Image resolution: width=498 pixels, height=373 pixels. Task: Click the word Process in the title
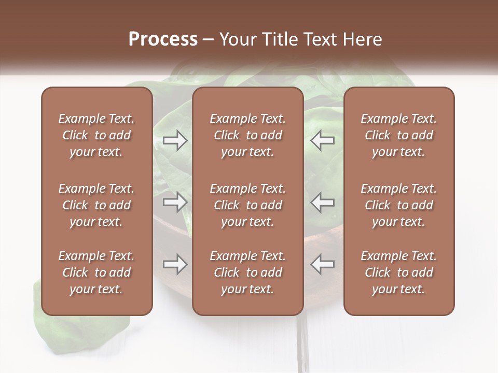(x=163, y=39)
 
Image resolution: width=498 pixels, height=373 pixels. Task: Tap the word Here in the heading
(x=363, y=39)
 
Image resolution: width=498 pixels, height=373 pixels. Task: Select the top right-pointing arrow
(x=175, y=140)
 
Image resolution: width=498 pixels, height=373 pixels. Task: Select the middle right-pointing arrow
(x=175, y=202)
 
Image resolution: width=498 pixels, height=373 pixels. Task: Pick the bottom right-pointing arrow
(x=175, y=264)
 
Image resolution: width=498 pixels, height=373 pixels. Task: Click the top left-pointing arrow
(x=323, y=140)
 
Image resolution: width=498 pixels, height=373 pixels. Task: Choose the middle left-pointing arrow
(x=323, y=202)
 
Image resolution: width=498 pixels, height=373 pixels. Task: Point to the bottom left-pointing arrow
(x=323, y=264)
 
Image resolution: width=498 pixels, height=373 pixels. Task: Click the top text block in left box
(x=96, y=135)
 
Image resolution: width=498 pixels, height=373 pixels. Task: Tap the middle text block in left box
(x=96, y=205)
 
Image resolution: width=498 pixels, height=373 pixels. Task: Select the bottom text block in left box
(x=96, y=272)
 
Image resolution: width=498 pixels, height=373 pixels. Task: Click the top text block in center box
(x=247, y=135)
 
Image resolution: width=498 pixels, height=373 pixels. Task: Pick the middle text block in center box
(x=247, y=205)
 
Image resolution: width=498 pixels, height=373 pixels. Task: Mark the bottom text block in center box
(x=247, y=272)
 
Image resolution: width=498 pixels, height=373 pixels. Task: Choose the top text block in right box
(x=398, y=135)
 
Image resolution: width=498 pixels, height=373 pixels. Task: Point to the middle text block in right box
(x=398, y=205)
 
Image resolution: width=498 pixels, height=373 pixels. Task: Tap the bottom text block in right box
(x=398, y=272)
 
